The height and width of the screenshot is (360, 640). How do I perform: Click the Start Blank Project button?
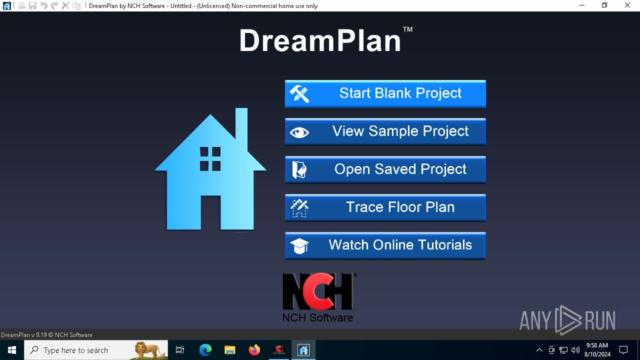click(x=385, y=93)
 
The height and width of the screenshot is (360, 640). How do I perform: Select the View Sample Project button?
click(x=385, y=131)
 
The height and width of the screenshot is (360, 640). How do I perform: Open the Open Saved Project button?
click(x=385, y=169)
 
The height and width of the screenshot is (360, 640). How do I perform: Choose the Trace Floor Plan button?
click(x=385, y=207)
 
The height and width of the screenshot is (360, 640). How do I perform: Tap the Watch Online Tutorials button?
click(x=385, y=245)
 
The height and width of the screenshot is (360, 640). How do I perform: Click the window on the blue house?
click(x=210, y=159)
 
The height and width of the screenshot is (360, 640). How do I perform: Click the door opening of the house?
click(x=210, y=212)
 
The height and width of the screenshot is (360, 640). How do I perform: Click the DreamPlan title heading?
click(x=320, y=41)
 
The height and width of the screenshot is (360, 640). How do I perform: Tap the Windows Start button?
click(x=12, y=350)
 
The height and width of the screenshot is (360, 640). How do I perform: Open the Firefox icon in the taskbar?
click(x=254, y=350)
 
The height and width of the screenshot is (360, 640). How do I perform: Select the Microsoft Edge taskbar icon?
click(x=205, y=350)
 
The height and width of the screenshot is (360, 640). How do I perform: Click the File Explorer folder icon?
click(x=229, y=350)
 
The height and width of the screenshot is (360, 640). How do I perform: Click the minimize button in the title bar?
click(x=582, y=5)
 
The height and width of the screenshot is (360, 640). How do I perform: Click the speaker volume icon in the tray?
click(x=575, y=350)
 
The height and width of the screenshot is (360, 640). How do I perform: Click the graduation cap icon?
click(x=299, y=245)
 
